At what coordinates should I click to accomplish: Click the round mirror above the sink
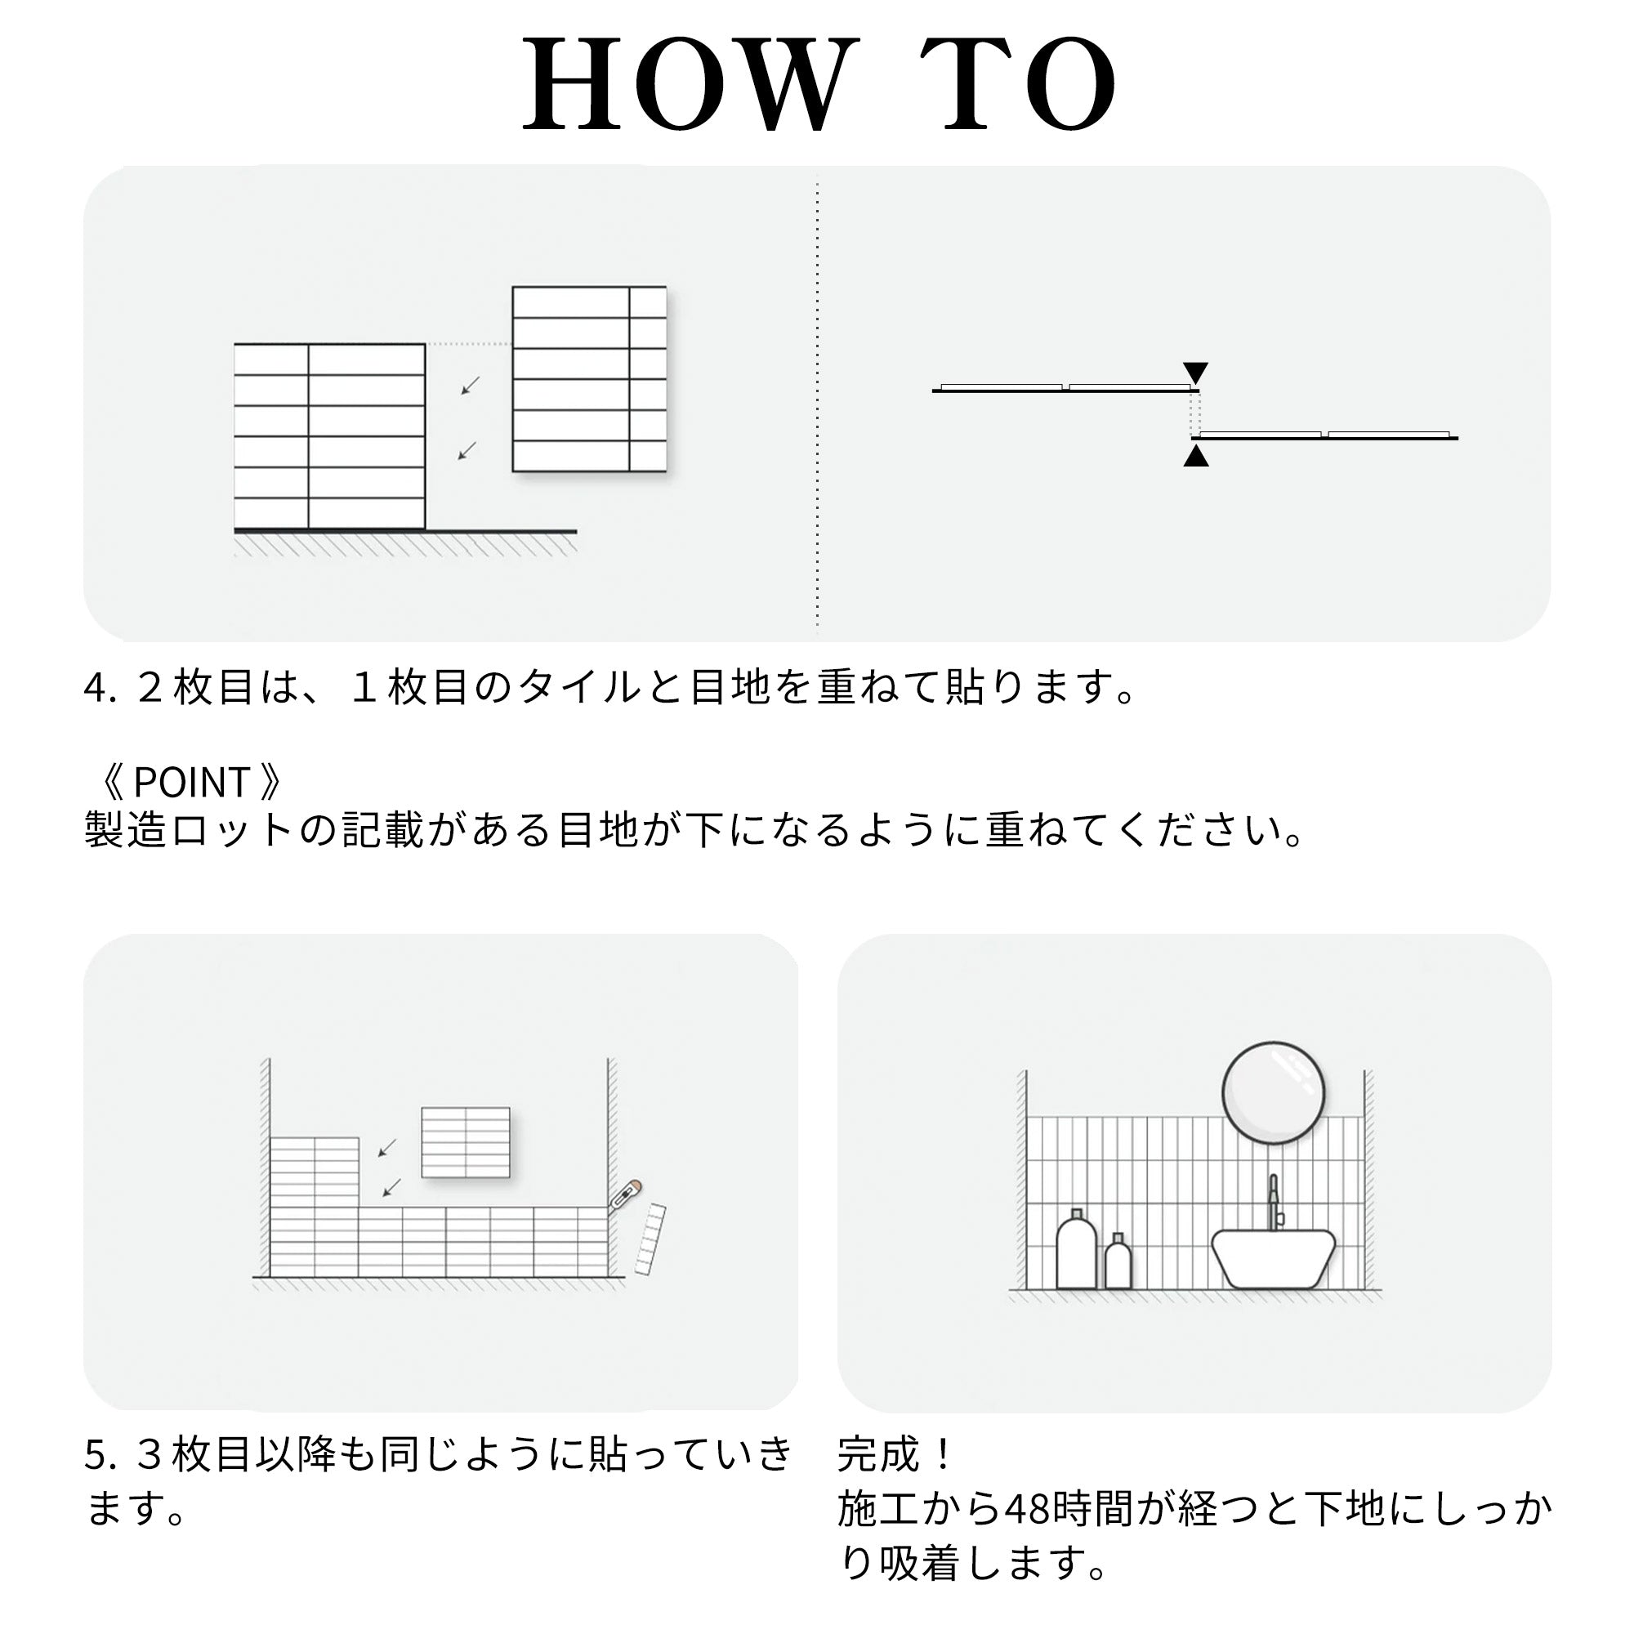pyautogui.click(x=1273, y=1092)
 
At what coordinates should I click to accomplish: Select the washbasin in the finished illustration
pyautogui.click(x=1273, y=1258)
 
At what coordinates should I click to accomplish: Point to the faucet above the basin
pyautogui.click(x=1274, y=1202)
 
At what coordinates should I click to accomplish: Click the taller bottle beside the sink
pyautogui.click(x=1077, y=1249)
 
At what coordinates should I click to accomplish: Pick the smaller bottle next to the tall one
pyautogui.click(x=1118, y=1261)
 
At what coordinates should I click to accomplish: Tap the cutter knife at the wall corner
pyautogui.click(x=626, y=1196)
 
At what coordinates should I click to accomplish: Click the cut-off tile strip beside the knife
pyautogui.click(x=650, y=1239)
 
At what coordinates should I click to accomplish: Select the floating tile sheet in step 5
pyautogui.click(x=466, y=1142)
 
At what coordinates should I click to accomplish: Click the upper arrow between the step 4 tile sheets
pyautogui.click(x=471, y=385)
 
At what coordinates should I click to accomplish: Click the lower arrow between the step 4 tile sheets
pyautogui.click(x=467, y=451)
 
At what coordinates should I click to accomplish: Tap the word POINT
pyautogui.click(x=191, y=783)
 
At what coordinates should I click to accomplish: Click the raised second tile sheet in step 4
pyautogui.click(x=590, y=379)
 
